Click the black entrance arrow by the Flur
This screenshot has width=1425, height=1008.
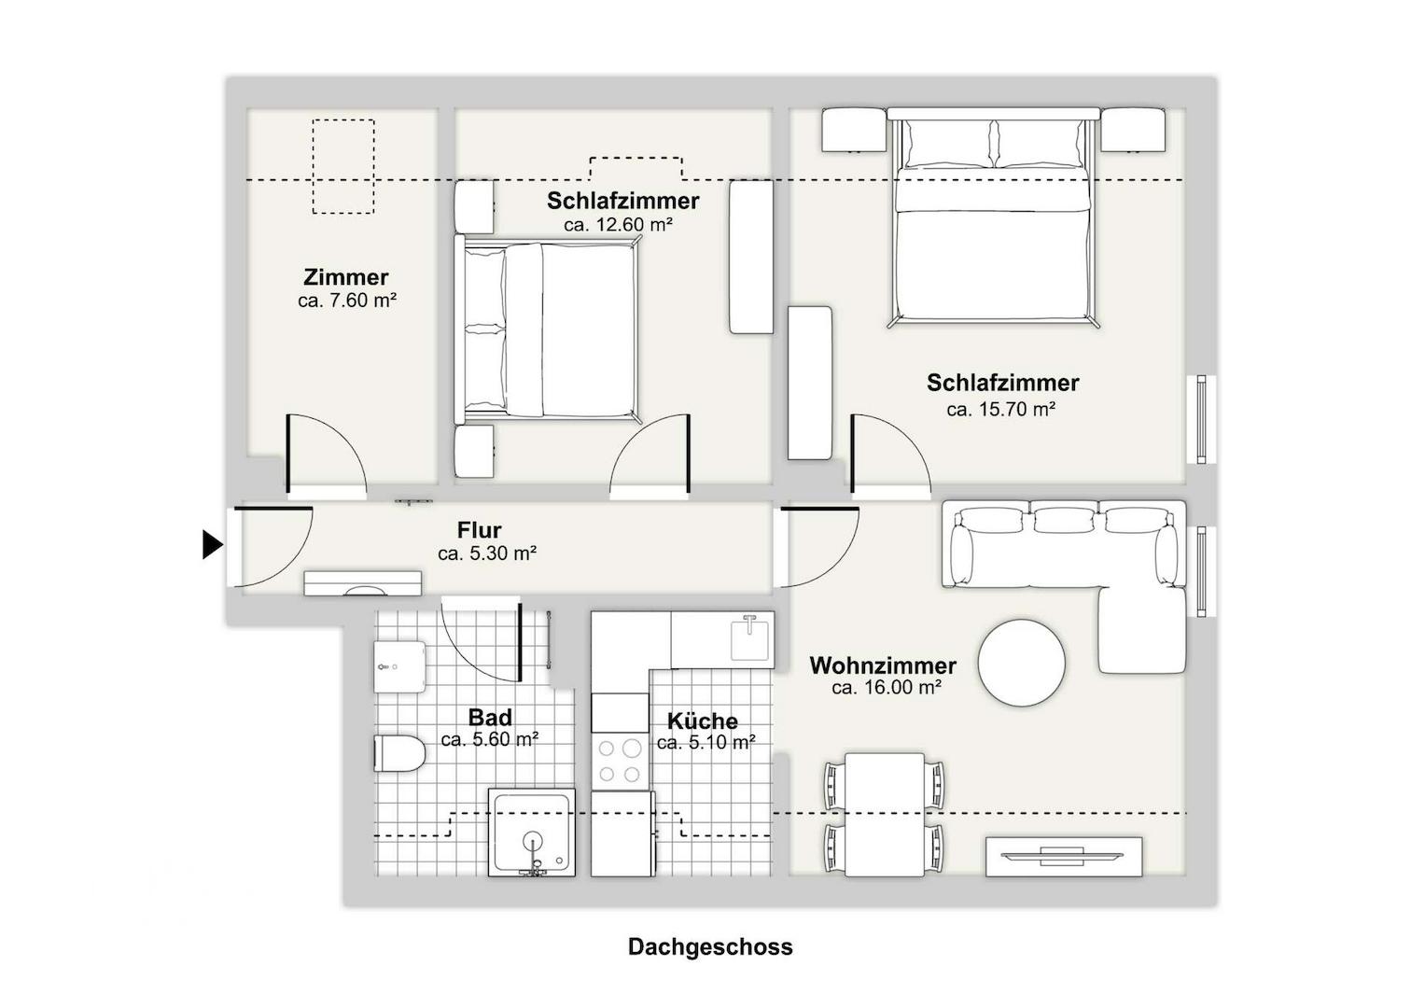tap(213, 544)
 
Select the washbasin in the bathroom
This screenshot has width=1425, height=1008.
tap(399, 666)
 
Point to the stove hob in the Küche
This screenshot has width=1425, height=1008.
tap(619, 760)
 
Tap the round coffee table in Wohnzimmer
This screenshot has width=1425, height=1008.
tap(1021, 664)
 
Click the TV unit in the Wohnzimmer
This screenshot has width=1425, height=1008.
tap(1064, 856)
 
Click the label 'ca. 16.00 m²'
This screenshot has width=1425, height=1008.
tap(886, 688)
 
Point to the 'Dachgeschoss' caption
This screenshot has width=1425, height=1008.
tap(710, 946)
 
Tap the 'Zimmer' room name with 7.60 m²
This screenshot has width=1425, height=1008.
tap(345, 277)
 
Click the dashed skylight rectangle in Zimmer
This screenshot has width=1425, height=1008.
tap(342, 166)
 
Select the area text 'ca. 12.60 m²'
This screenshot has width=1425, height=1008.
tap(618, 225)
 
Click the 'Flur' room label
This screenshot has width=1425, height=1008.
tap(480, 530)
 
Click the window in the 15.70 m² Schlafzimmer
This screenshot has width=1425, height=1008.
tap(1201, 419)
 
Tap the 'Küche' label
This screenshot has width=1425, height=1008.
tap(703, 721)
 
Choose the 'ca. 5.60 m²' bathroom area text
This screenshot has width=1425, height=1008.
tap(489, 740)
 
